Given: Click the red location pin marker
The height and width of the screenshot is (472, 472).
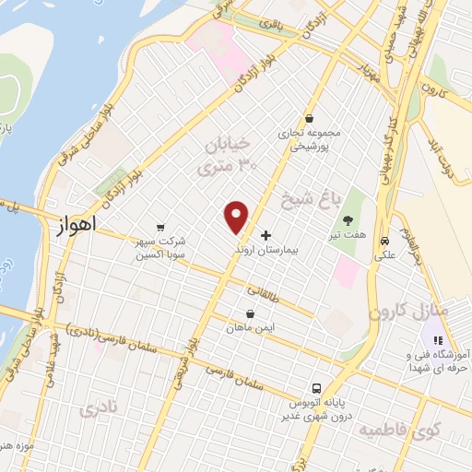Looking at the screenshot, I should (x=238, y=216).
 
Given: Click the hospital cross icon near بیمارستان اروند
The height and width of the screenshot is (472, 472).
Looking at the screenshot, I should (x=267, y=236).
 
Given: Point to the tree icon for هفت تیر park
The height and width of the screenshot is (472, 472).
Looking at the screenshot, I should (x=348, y=220).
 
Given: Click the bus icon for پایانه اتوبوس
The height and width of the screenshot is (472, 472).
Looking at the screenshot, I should (x=316, y=388).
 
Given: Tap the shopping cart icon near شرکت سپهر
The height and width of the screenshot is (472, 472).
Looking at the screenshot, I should (x=162, y=227).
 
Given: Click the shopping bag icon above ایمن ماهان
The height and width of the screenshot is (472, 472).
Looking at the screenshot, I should (x=250, y=313).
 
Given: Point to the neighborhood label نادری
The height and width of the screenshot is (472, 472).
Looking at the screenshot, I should (x=100, y=407).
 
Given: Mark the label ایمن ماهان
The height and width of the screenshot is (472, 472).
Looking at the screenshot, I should (x=250, y=327).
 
